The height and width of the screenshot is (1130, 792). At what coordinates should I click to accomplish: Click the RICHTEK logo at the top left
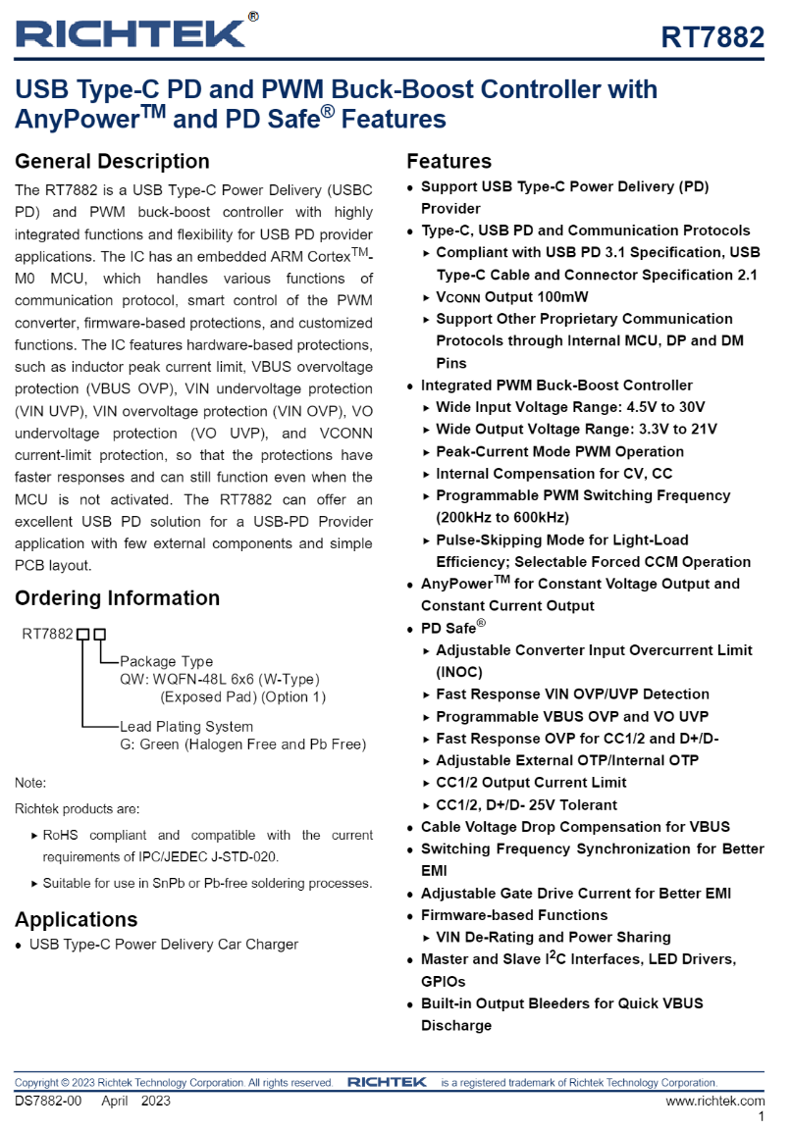(x=132, y=31)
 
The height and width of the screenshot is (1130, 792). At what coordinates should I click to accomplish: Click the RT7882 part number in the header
(x=712, y=37)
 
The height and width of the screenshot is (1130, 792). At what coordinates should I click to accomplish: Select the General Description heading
(x=112, y=162)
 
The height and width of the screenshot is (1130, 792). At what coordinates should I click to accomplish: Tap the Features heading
(x=449, y=162)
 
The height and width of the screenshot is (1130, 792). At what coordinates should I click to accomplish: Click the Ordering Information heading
(x=117, y=598)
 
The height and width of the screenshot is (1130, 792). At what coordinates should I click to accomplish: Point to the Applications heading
(x=76, y=920)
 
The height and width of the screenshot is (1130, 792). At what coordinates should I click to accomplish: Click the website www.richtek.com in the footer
(x=714, y=1101)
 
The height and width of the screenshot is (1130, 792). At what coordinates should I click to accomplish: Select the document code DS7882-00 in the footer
(x=48, y=1101)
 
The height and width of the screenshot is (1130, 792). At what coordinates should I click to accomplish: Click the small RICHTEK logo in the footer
(x=387, y=1082)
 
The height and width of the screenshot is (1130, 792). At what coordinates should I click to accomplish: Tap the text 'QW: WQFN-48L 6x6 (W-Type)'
(x=220, y=679)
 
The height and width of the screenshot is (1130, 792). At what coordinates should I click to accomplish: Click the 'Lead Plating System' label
(x=186, y=727)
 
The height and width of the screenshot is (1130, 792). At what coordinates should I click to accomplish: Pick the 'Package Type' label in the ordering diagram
(x=166, y=661)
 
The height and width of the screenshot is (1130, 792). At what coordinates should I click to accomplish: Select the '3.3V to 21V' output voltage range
(x=670, y=430)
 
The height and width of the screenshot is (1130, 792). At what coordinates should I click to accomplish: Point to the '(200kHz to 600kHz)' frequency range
(x=502, y=517)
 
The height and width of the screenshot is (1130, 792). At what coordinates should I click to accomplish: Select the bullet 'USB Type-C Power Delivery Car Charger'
(x=163, y=945)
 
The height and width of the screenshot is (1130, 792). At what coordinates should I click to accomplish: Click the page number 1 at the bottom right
(x=761, y=1117)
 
